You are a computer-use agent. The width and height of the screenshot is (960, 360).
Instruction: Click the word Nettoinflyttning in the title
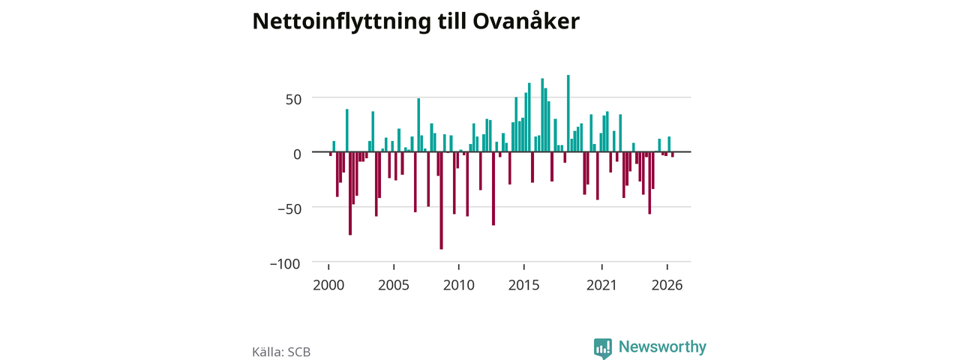tap(341, 22)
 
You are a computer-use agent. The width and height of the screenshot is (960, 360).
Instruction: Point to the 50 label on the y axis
tap(293, 100)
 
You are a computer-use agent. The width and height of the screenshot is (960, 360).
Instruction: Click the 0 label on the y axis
tap(297, 154)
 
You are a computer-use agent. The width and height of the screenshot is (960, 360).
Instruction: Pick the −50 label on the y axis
tap(289, 208)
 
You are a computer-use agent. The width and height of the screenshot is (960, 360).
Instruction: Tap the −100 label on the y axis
tap(285, 263)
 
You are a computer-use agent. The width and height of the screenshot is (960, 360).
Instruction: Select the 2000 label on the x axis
tap(328, 285)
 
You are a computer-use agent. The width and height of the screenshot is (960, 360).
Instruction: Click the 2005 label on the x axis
tap(394, 285)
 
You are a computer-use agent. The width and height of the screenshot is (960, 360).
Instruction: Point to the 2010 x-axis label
tap(459, 285)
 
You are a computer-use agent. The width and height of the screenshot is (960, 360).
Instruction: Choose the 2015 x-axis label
tap(523, 285)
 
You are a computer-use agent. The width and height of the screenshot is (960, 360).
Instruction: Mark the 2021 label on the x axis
tap(601, 285)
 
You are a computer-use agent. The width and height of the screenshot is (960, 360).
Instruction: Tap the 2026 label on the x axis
tap(667, 285)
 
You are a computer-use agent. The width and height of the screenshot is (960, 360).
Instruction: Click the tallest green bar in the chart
tap(568, 113)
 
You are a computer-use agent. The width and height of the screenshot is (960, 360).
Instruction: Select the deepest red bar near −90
tap(442, 200)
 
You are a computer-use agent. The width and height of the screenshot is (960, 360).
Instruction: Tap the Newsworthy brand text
tap(662, 346)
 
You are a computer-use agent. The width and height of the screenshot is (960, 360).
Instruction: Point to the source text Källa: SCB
tap(281, 352)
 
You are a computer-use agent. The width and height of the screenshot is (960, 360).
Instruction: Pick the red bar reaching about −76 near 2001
tap(350, 193)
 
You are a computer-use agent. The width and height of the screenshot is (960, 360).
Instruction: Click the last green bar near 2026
tap(669, 144)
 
